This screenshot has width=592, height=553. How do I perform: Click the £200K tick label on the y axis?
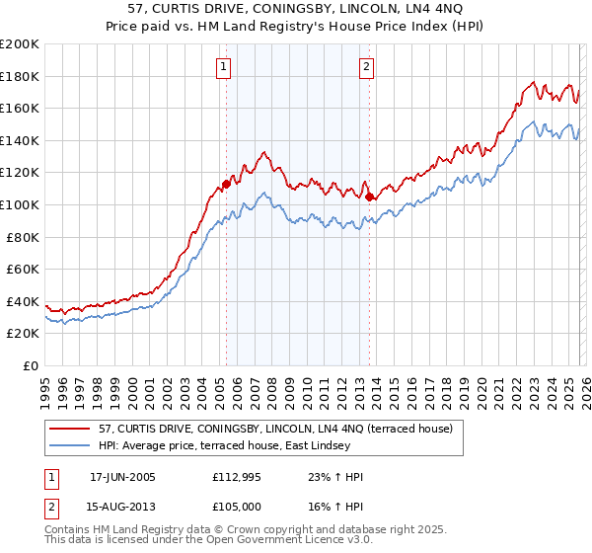(x=20, y=44)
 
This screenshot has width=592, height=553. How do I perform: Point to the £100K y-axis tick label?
(x=20, y=204)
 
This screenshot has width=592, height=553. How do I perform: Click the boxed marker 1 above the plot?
(x=225, y=67)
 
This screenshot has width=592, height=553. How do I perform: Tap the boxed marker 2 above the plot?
(x=366, y=67)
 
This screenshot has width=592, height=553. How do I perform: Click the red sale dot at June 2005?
(x=226, y=184)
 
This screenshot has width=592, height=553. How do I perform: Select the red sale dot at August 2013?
(x=369, y=197)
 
